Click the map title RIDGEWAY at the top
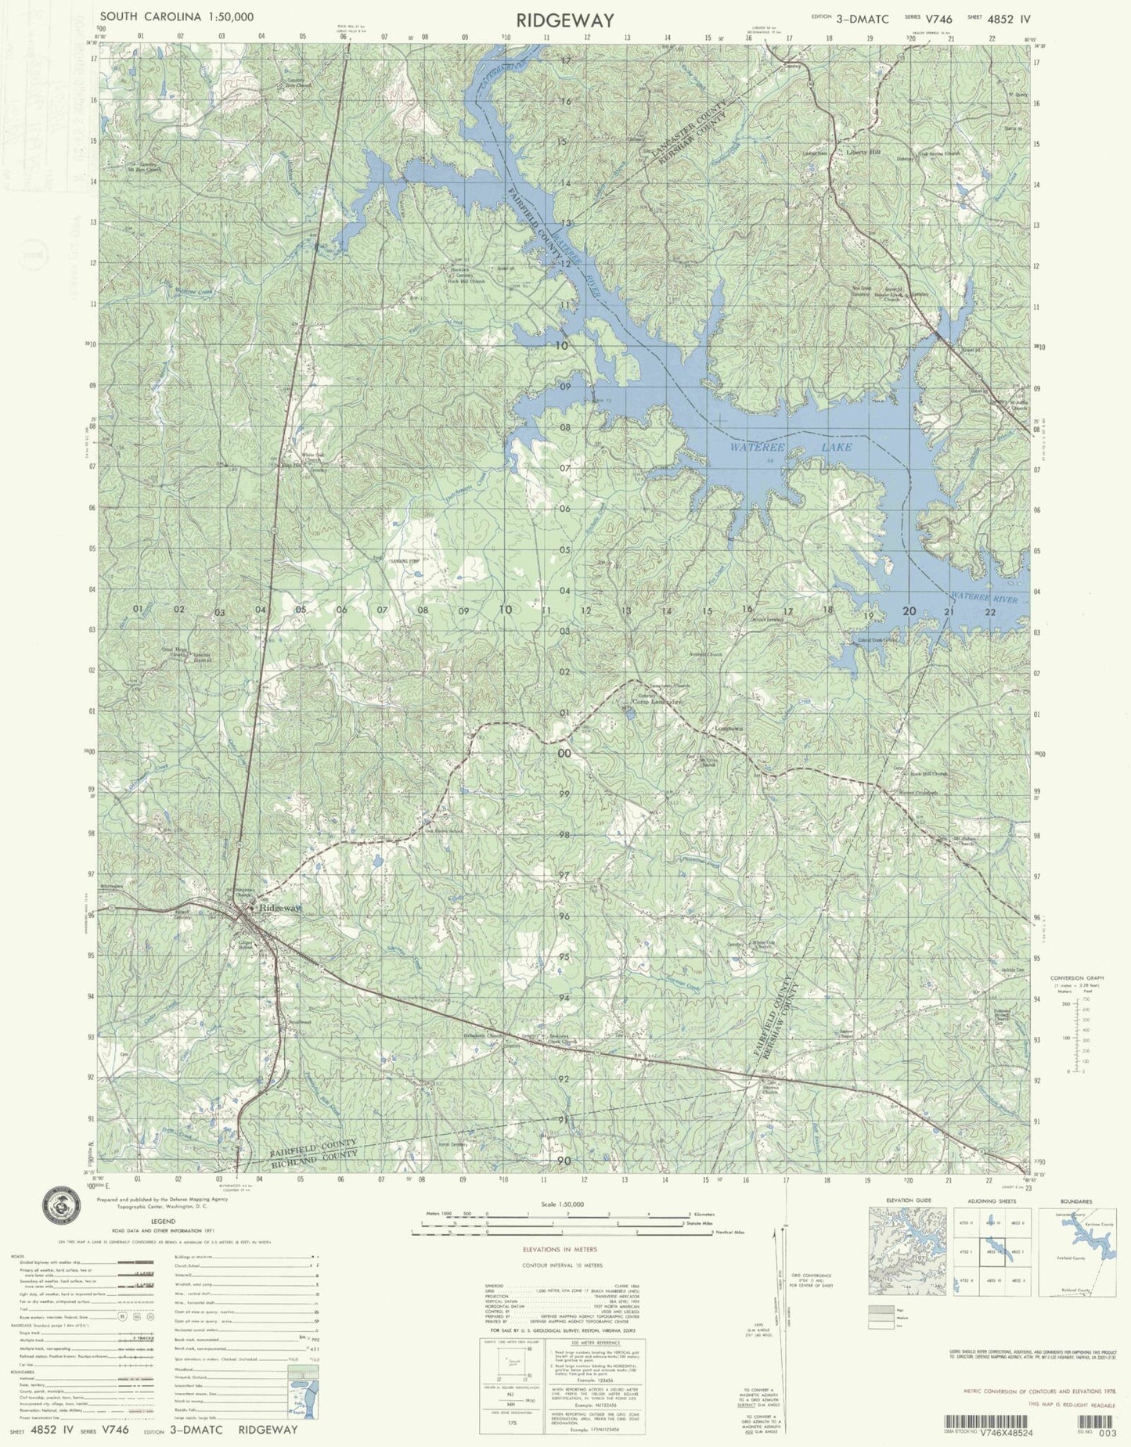565,20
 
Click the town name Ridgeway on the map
279,908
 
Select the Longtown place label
729,729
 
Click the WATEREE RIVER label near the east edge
985,599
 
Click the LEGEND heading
163,1222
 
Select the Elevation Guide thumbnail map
907,1251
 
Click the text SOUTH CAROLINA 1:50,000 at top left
176,16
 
